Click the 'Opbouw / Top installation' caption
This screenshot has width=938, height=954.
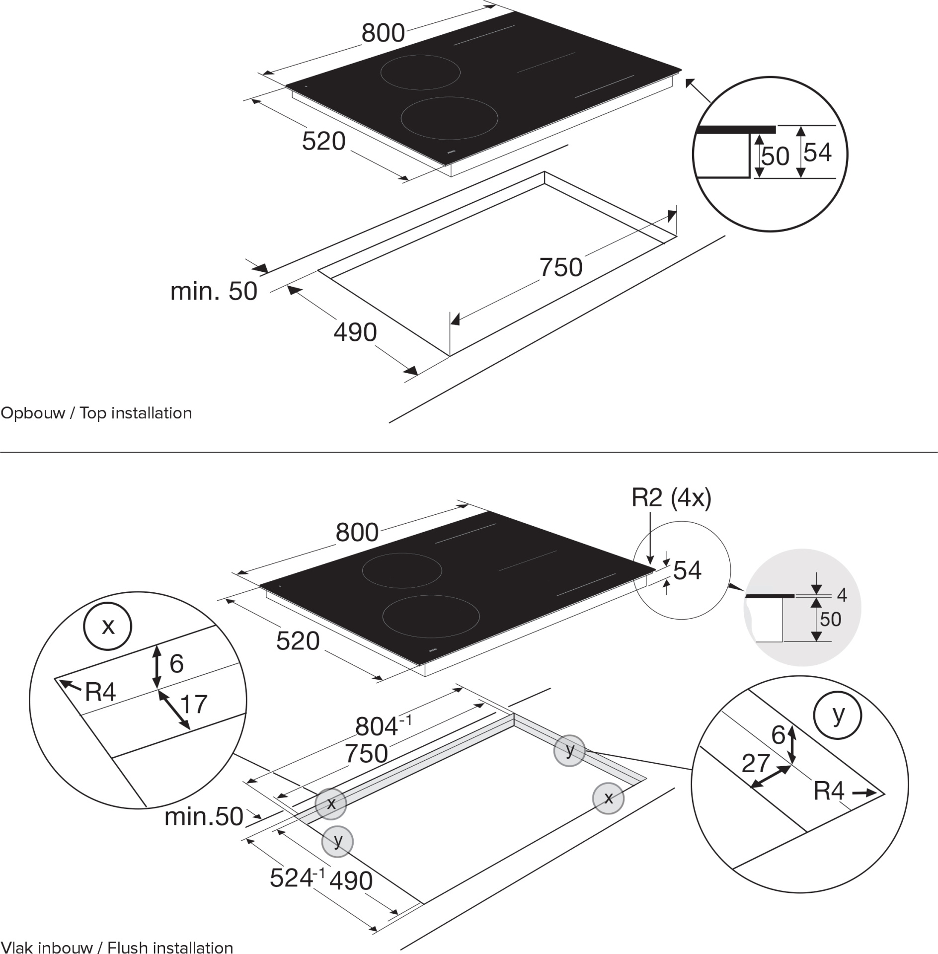pyautogui.click(x=96, y=413)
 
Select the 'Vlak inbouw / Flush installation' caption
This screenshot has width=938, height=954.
pyautogui.click(x=117, y=946)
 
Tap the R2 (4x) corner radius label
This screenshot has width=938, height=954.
pyautogui.click(x=671, y=498)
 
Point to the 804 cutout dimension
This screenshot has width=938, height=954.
pyautogui.click(x=383, y=726)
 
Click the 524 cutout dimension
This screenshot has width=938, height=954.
pyautogui.click(x=297, y=877)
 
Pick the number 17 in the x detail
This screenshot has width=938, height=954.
pyautogui.click(x=193, y=704)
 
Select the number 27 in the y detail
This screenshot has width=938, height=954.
pyautogui.click(x=756, y=763)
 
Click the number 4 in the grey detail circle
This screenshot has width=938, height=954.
pyautogui.click(x=842, y=595)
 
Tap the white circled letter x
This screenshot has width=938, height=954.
pyautogui.click(x=108, y=626)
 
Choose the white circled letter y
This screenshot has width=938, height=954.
pyautogui.click(x=838, y=715)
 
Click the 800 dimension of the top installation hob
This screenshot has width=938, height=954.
pyautogui.click(x=383, y=33)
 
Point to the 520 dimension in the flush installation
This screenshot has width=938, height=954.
pyautogui.click(x=298, y=641)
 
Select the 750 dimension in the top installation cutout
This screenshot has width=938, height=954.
pyautogui.click(x=561, y=267)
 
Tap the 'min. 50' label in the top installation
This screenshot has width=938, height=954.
pyautogui.click(x=214, y=291)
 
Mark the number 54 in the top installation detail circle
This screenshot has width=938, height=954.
pyautogui.click(x=817, y=152)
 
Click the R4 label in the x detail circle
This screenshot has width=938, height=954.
pyautogui.click(x=100, y=692)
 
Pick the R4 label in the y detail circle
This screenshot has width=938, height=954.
pyautogui.click(x=829, y=791)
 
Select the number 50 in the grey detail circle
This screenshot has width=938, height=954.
pyautogui.click(x=830, y=619)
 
